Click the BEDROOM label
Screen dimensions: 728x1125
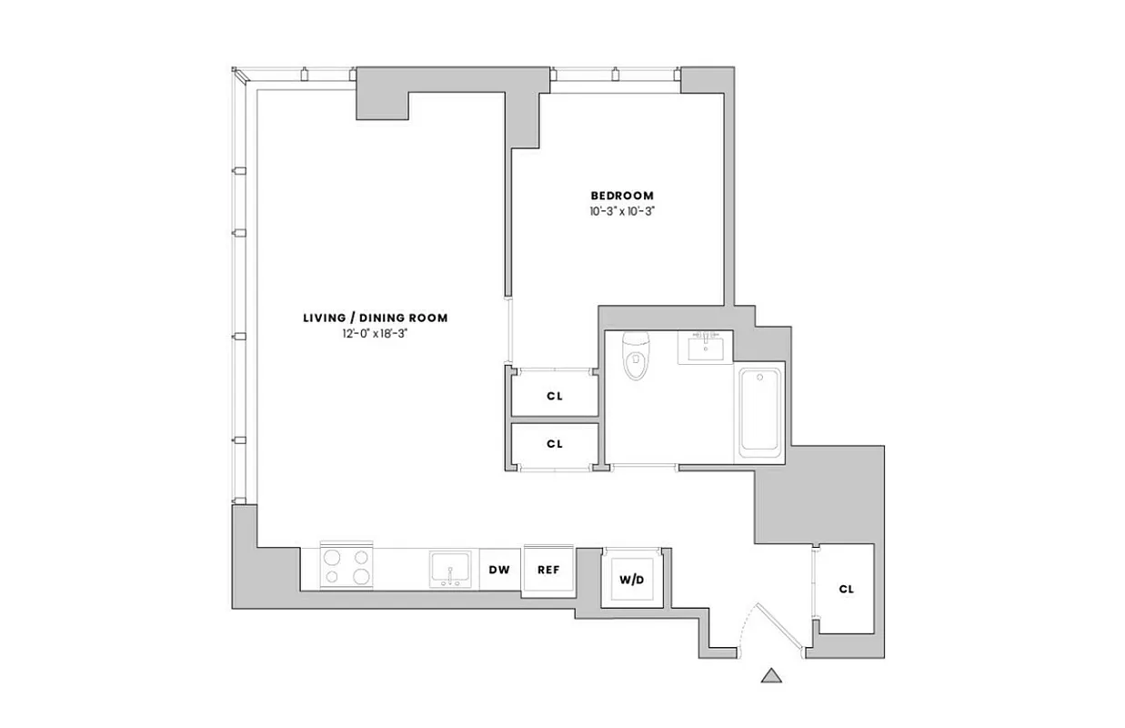(x=622, y=196)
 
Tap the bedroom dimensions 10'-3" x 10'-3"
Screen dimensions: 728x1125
(x=622, y=211)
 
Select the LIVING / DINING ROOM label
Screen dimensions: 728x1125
(x=375, y=318)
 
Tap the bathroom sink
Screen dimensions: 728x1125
(x=705, y=348)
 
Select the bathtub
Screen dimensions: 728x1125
(x=760, y=411)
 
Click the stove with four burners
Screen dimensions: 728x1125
(x=347, y=565)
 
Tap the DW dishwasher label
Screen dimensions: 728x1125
(x=499, y=571)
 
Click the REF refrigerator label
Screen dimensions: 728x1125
(x=547, y=571)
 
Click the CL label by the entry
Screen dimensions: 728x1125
(x=846, y=589)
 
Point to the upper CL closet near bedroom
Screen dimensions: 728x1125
(x=555, y=396)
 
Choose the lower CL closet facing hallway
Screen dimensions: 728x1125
(x=555, y=444)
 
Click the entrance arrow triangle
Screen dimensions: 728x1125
(x=771, y=675)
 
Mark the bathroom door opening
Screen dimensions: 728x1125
(x=644, y=468)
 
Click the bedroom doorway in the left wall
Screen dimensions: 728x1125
(x=508, y=329)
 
